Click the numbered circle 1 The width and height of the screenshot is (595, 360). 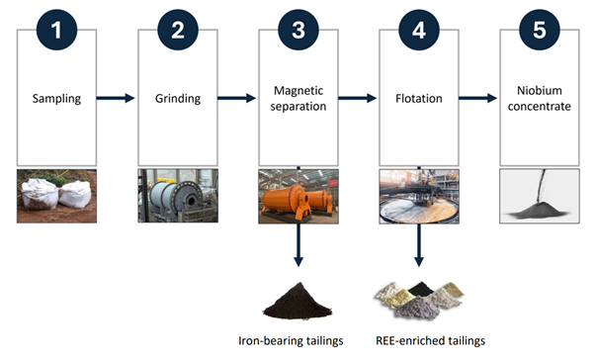coord(57,30)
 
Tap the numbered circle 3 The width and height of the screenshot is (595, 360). coord(298,30)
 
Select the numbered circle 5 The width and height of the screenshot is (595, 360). coord(540,30)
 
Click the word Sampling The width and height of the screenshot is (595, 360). coord(56,99)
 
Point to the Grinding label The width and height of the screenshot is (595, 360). coord(178,99)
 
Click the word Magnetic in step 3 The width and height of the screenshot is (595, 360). coord(298,91)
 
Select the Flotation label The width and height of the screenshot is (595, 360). coord(419,99)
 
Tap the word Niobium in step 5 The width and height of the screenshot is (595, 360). coord(540,90)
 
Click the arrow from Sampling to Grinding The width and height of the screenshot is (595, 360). coord(116,98)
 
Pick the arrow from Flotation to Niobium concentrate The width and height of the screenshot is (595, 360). coord(477,98)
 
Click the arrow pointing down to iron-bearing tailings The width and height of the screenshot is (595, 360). coord(298,244)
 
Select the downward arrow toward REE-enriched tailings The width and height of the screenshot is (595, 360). coord(419,244)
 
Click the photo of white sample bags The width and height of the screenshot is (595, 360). coord(57,196)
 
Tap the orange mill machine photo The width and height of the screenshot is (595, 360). coord(298,196)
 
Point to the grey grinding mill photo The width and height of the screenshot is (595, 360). coord(178,196)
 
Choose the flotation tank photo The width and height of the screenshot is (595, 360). coord(419,197)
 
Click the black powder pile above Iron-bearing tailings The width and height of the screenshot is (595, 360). coord(297,301)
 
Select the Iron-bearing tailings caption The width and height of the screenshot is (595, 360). coord(291,340)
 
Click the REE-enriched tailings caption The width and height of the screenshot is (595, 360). coord(430,340)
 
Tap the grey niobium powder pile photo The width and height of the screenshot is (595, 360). coord(540,196)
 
